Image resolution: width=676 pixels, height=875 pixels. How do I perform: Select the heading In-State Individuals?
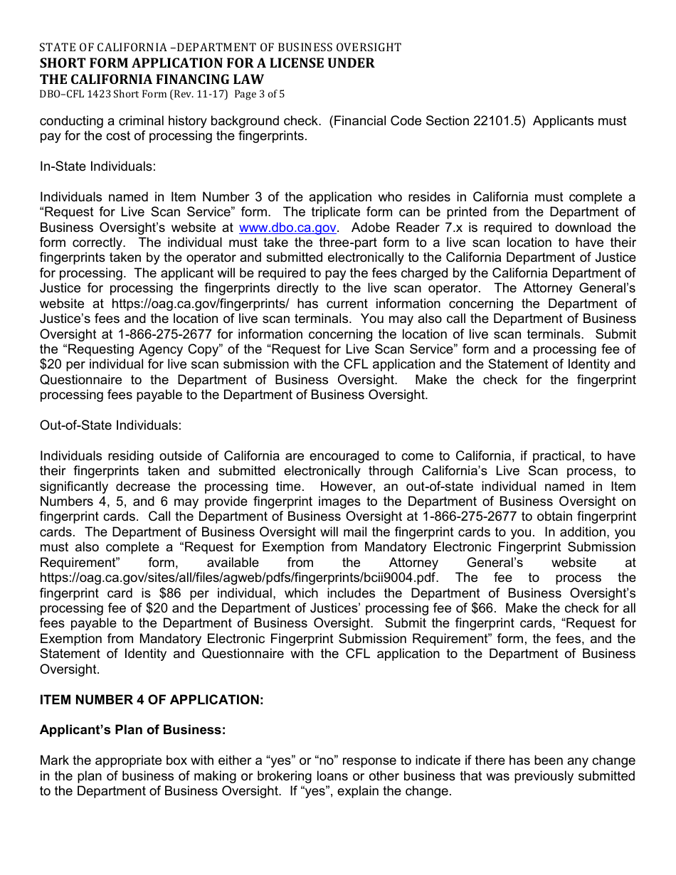click(97, 166)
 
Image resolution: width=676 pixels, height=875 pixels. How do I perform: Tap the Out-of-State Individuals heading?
click(110, 425)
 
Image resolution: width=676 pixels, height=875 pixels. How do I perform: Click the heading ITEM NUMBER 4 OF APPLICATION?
click(152, 700)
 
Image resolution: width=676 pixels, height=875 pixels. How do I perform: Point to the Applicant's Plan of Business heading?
click(132, 730)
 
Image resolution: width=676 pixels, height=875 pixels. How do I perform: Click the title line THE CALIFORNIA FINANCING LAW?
click(152, 79)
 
